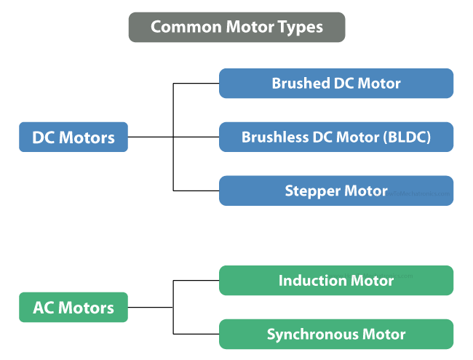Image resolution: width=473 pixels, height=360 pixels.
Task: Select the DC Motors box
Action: (x=73, y=137)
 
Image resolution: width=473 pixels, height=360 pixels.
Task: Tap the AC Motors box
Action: (x=73, y=307)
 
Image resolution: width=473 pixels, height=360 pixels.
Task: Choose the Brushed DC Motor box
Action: (x=335, y=84)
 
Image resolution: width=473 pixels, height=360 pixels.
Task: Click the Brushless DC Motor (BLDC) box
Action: (x=335, y=137)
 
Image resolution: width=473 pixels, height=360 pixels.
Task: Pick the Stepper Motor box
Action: (x=335, y=191)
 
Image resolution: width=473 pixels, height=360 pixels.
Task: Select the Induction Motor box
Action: (x=335, y=280)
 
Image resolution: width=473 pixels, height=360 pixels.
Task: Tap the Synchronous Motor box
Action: (x=335, y=335)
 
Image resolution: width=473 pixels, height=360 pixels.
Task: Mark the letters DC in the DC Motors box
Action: (x=44, y=137)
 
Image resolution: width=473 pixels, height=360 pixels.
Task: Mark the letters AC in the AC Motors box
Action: (x=44, y=307)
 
